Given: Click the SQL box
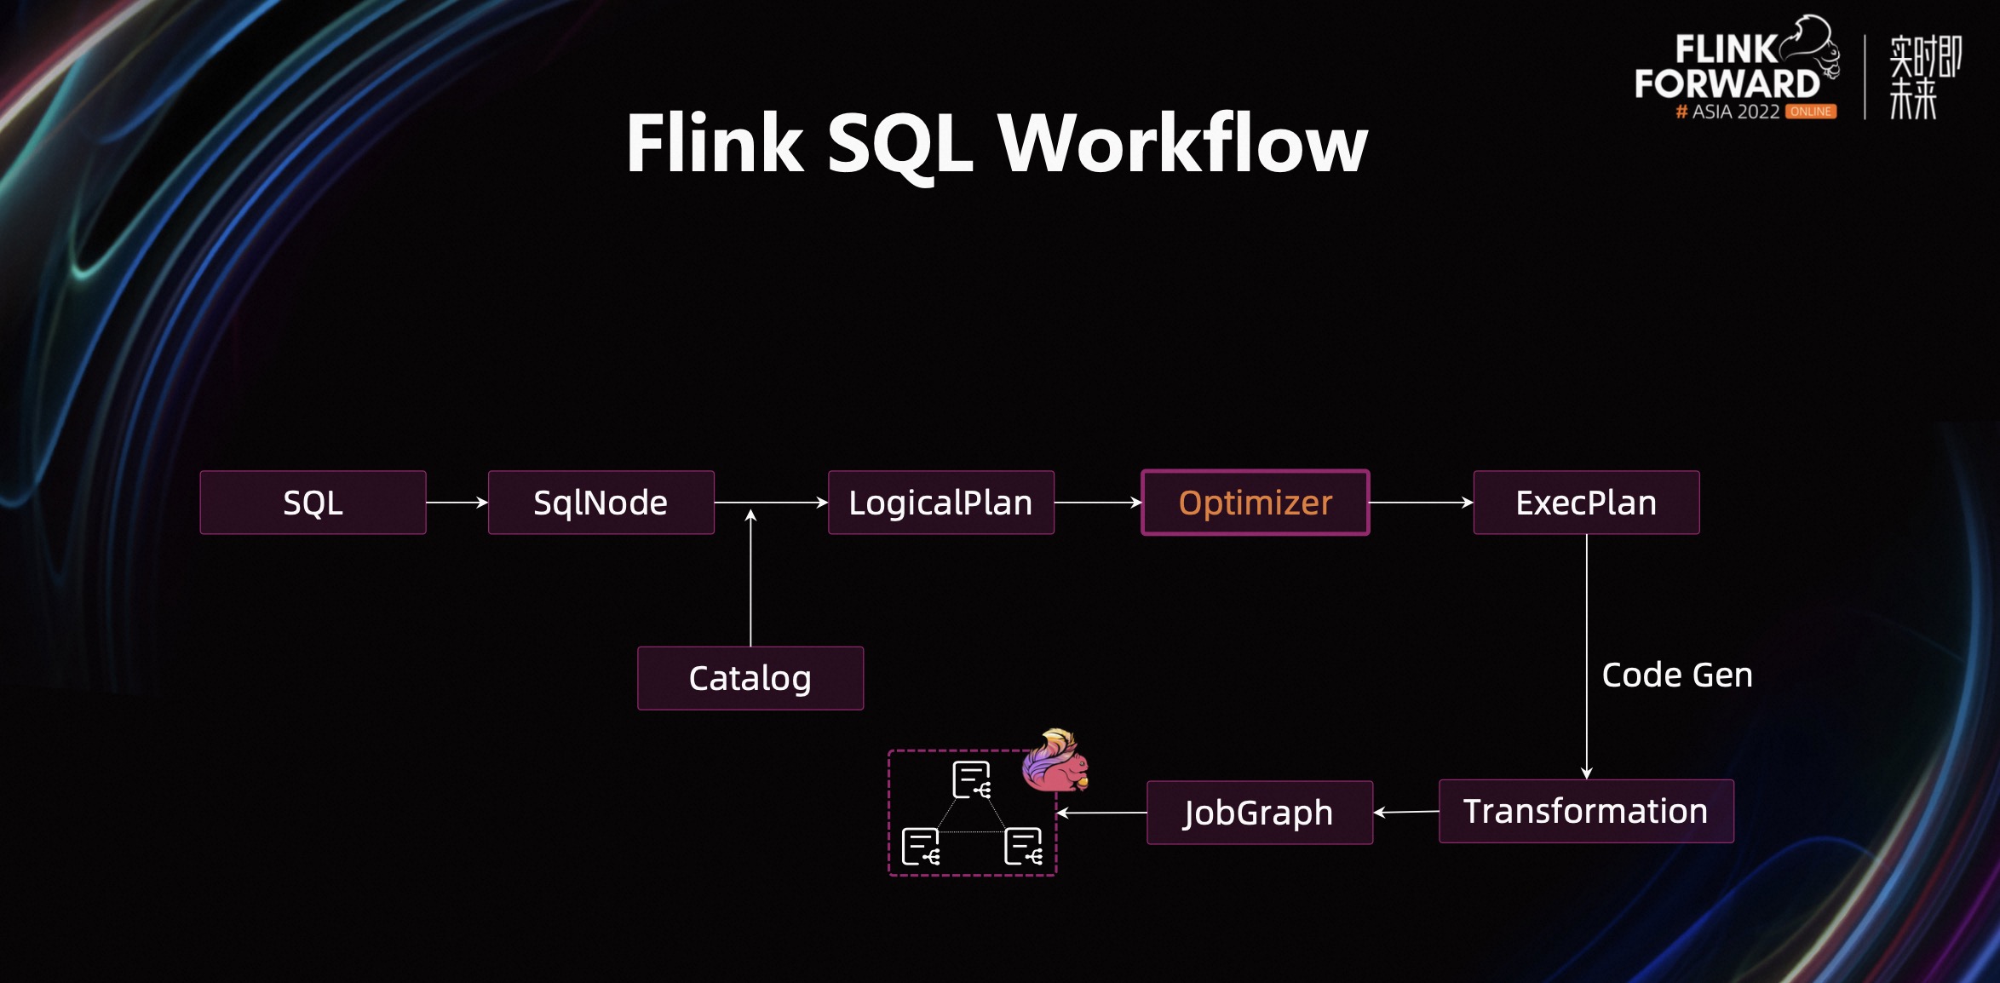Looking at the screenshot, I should [313, 503].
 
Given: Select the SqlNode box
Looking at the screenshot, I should [601, 503].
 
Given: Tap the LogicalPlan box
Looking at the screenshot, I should [940, 503].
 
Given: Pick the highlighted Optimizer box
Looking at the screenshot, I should [1255, 503].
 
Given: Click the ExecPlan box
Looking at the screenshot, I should [1586, 503].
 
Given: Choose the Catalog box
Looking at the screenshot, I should [750, 678].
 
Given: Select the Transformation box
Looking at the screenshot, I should [1585, 811].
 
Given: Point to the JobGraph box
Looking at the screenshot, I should [1259, 813].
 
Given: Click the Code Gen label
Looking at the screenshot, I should [1676, 675].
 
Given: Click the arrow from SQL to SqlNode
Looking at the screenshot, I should [457, 503].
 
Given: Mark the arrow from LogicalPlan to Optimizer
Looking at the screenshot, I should [1097, 503].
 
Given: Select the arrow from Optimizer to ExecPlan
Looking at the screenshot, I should [1421, 503].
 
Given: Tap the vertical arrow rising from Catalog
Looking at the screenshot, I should [750, 579].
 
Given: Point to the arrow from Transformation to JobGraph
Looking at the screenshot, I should [1406, 813].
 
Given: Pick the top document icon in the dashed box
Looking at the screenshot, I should [971, 779].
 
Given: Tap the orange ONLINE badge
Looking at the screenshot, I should [1810, 112].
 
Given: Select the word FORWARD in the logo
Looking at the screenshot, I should [1727, 83].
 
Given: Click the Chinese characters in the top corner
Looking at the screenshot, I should [1924, 77].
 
